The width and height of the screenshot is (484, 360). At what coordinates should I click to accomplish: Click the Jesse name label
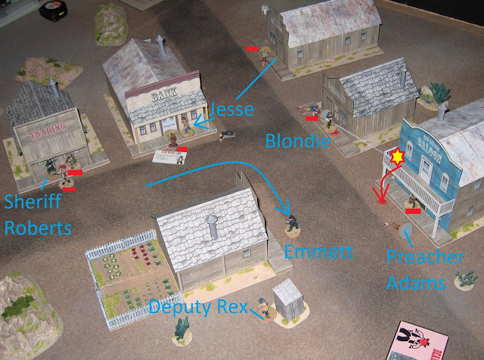coord(232,106)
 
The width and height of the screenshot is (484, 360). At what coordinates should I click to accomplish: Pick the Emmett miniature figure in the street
coord(293,220)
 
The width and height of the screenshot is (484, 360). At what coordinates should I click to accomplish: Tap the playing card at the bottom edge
coord(413,342)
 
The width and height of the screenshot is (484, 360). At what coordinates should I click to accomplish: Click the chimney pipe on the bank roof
coord(160,45)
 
